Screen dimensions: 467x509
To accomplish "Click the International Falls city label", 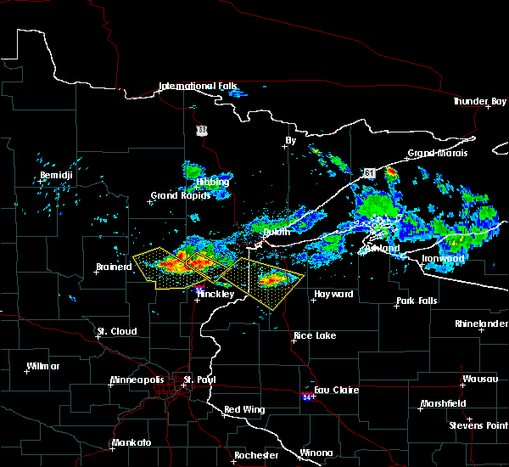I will (199, 86).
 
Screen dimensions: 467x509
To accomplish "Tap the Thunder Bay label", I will (479, 101).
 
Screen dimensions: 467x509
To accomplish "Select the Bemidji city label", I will (56, 176).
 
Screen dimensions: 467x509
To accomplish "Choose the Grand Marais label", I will (433, 154).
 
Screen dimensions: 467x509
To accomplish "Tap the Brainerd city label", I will (114, 267).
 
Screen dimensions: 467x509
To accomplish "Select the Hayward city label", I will (333, 294).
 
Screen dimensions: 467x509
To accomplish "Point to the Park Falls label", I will (415, 301).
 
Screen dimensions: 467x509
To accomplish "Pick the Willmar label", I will (42, 366).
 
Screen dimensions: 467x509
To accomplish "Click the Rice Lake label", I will (314, 335).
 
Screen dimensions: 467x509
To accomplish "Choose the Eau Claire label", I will (337, 390).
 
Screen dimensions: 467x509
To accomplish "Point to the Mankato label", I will (131, 443).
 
